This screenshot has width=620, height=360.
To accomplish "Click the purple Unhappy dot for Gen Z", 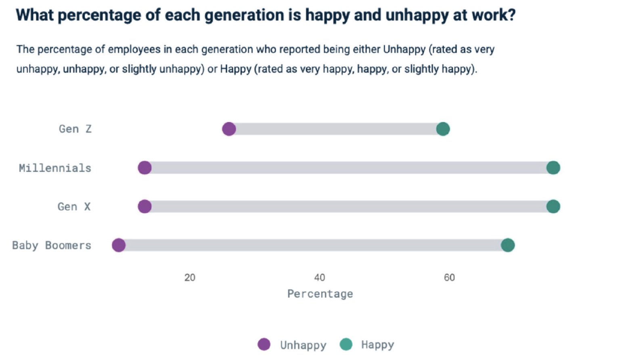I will click(x=229, y=129).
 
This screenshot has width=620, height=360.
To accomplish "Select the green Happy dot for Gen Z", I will click(x=443, y=129).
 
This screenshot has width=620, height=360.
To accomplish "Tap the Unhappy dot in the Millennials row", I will click(x=145, y=167).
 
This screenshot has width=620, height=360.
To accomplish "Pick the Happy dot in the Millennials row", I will click(x=553, y=167).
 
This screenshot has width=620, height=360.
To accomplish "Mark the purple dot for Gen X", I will click(x=145, y=206).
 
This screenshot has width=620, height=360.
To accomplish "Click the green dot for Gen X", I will click(x=553, y=206).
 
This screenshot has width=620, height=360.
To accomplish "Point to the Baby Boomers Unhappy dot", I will click(x=119, y=245).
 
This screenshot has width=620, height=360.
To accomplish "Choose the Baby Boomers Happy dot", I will click(x=508, y=245).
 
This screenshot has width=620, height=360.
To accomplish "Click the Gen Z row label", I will click(x=75, y=129).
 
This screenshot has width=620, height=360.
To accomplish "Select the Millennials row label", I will click(x=55, y=168).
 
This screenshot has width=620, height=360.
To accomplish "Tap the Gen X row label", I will click(x=74, y=207).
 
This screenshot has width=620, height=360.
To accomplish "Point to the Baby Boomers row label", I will click(x=52, y=245).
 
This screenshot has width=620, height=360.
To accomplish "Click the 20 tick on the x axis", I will click(x=190, y=278).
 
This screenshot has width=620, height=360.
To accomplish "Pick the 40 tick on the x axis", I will click(x=319, y=278).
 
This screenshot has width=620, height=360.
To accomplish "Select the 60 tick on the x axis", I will click(x=449, y=278).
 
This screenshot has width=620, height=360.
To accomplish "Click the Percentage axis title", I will click(x=320, y=294).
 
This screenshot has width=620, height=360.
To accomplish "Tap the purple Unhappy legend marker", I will click(x=264, y=345).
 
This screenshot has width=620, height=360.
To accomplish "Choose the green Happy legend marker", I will click(x=346, y=345).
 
